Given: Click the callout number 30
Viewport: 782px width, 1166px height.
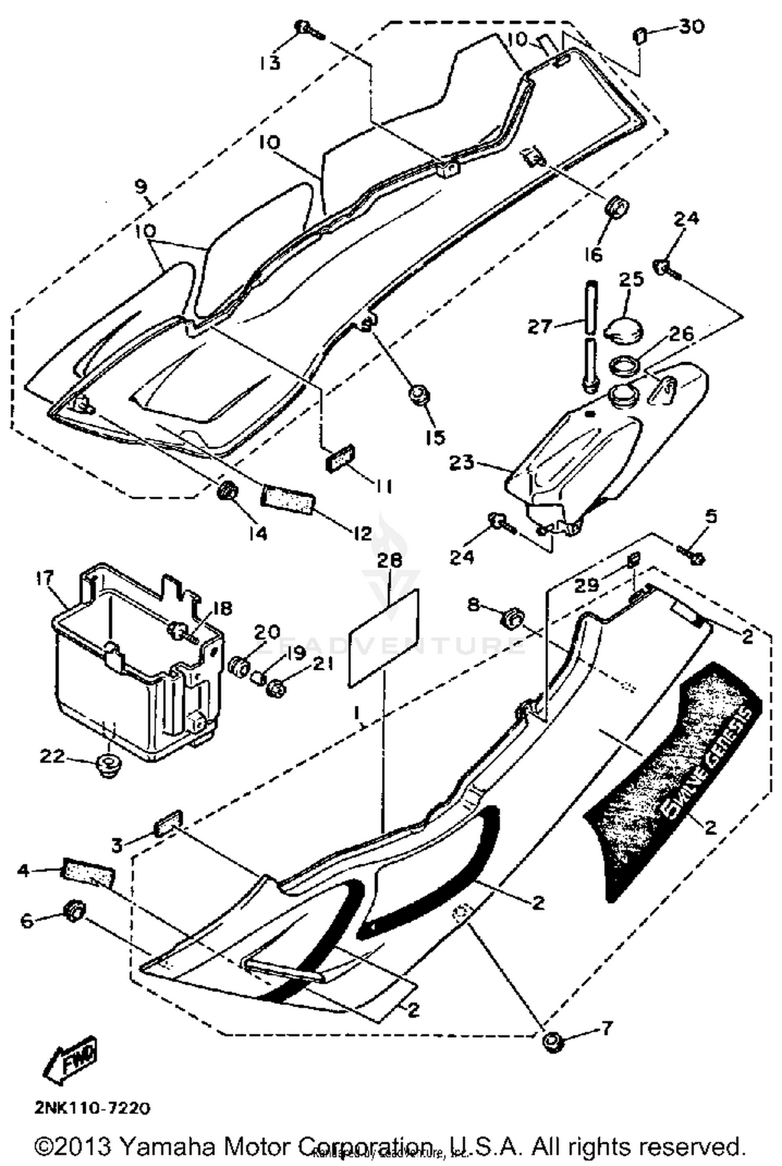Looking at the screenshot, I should [692, 26].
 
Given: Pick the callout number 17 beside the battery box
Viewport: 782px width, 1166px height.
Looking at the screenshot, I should [45, 578].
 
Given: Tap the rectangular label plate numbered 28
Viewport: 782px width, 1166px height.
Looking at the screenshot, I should [383, 638].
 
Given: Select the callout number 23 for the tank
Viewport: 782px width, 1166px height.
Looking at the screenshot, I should [462, 462].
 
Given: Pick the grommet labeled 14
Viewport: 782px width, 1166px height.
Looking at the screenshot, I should [227, 490].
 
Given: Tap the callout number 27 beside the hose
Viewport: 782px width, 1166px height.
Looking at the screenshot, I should [539, 327].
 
